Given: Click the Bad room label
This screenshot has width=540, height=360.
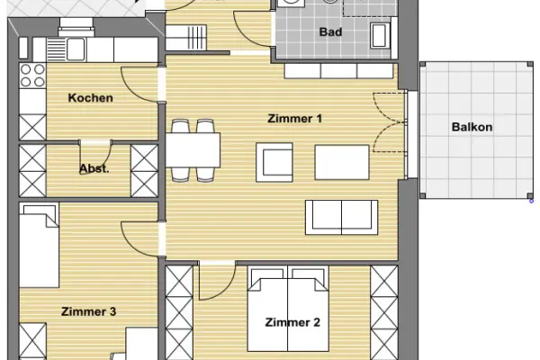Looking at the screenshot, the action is [330, 32].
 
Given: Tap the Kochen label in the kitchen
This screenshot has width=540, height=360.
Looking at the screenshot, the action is [91, 98].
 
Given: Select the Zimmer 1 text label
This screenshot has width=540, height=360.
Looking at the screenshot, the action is [295, 119].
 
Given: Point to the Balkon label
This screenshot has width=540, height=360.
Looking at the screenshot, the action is [472, 127].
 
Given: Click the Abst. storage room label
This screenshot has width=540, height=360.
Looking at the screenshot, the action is [94, 169].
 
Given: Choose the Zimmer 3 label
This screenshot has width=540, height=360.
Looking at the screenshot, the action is [88, 311].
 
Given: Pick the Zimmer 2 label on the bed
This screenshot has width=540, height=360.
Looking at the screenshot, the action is [292, 322].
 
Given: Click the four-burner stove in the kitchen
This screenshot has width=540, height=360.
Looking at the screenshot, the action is [32, 76].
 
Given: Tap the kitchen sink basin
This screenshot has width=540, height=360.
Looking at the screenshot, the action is [76, 49].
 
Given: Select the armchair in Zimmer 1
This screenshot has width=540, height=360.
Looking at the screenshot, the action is [274, 162].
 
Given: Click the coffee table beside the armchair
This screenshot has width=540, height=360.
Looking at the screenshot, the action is [342, 162].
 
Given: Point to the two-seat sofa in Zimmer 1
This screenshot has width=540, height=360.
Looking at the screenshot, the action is [342, 218].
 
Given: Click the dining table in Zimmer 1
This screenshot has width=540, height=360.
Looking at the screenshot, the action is [193, 150].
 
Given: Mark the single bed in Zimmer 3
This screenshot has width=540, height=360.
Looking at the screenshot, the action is [39, 245].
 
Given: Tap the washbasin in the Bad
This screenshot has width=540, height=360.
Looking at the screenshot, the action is [380, 35].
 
